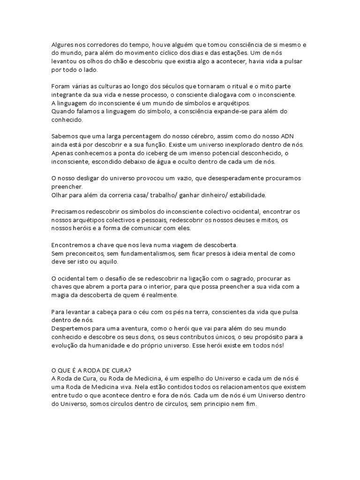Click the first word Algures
(62, 45)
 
